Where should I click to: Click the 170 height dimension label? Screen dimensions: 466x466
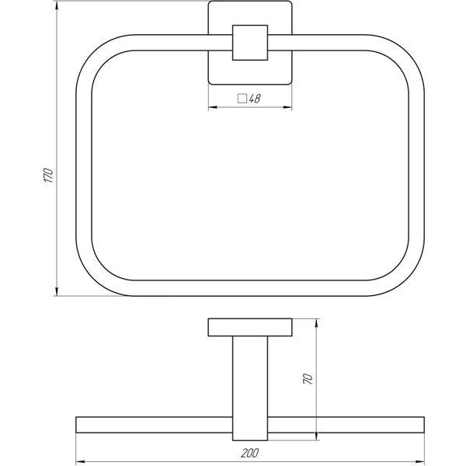[x=48, y=176]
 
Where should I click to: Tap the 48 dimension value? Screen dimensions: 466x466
[x=255, y=99]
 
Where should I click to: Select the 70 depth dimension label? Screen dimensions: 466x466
[x=308, y=379]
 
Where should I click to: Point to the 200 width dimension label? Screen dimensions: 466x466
[x=249, y=454]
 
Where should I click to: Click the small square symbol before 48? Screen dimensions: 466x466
[x=242, y=99]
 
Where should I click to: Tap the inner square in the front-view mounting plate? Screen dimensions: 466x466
[x=250, y=43]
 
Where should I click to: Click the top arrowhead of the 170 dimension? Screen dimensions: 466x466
[x=57, y=5]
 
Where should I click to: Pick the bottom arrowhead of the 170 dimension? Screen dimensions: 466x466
[x=57, y=291]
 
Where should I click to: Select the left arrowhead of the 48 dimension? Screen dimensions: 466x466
[x=213, y=107]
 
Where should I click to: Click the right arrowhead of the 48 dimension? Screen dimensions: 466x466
[x=287, y=107]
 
